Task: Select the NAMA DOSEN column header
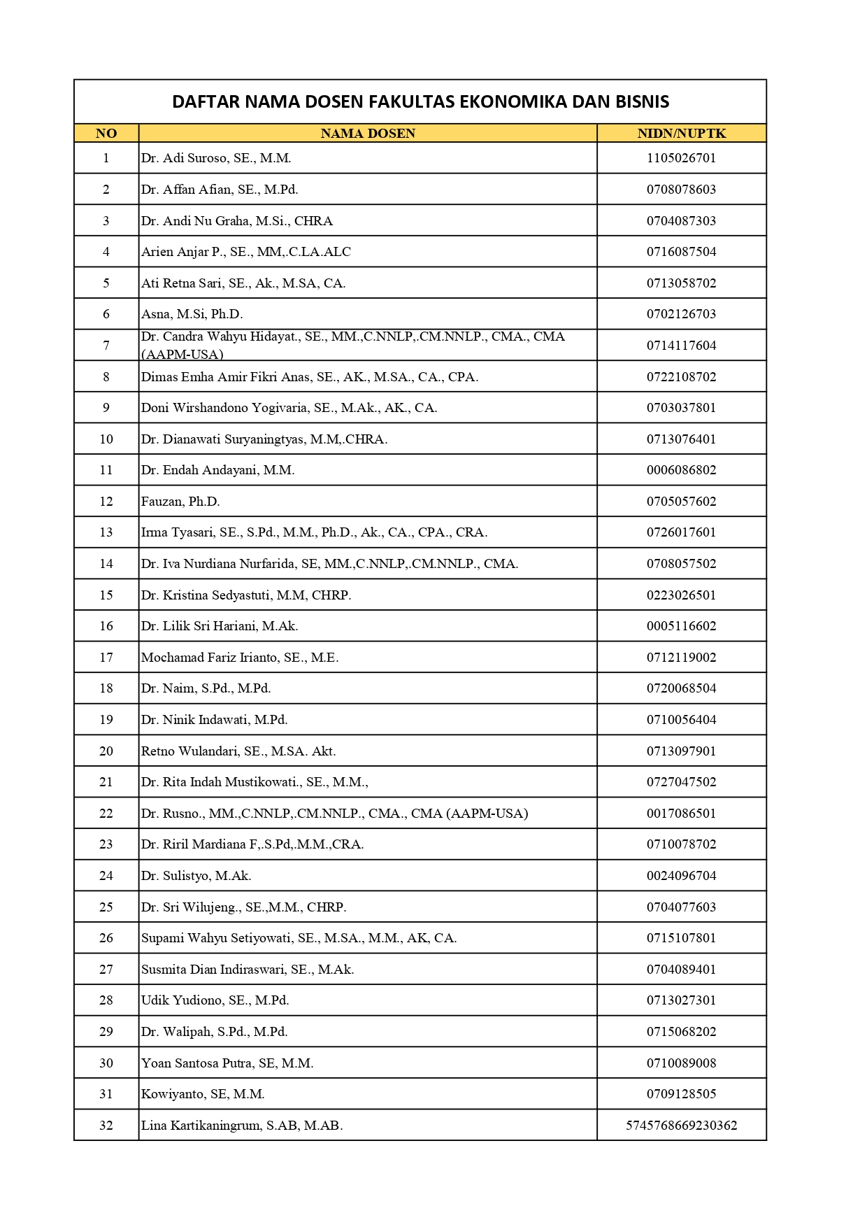pyautogui.click(x=368, y=134)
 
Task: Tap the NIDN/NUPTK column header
pyautogui.click(x=681, y=134)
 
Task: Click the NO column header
pyautogui.click(x=106, y=134)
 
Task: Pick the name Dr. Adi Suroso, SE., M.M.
pyautogui.click(x=216, y=158)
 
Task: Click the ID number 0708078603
pyautogui.click(x=681, y=190)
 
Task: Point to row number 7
pyautogui.click(x=106, y=346)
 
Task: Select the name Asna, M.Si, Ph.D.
pyautogui.click(x=192, y=314)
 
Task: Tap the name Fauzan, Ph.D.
pyautogui.click(x=180, y=502)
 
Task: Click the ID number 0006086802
pyautogui.click(x=681, y=470)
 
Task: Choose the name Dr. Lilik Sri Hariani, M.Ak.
pyautogui.click(x=220, y=626)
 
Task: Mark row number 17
pyautogui.click(x=106, y=658)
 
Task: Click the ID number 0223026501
pyautogui.click(x=681, y=595)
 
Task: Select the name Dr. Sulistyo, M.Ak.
pyautogui.click(x=196, y=876)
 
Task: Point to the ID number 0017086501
pyautogui.click(x=681, y=814)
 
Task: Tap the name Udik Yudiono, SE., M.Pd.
pyautogui.click(x=215, y=1000)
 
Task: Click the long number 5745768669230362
pyautogui.click(x=681, y=1126)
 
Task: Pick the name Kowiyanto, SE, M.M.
pyautogui.click(x=203, y=1094)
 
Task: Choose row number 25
pyautogui.click(x=106, y=907)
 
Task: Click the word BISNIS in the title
pyautogui.click(x=642, y=102)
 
